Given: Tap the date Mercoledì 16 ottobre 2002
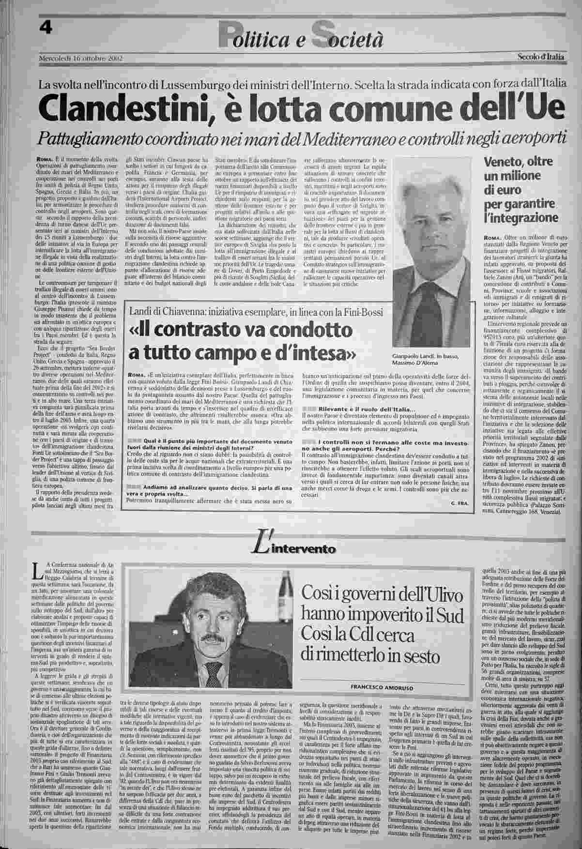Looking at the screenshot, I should (80, 59).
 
